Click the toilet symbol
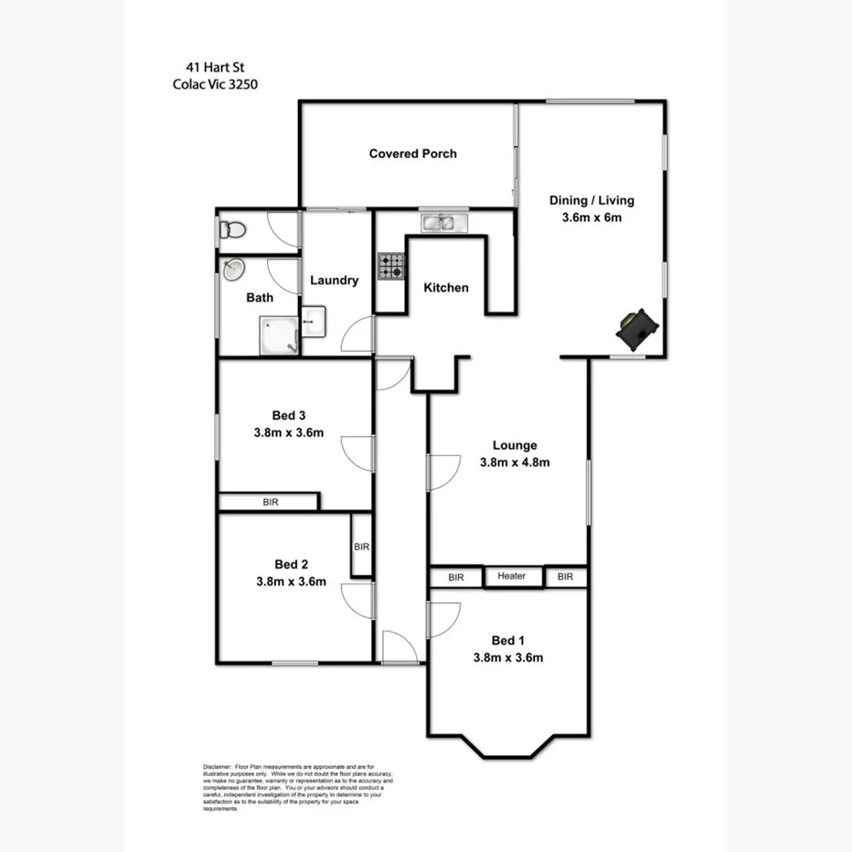[230, 231]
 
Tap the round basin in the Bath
[232, 270]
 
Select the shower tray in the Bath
[280, 335]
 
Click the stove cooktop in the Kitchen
[392, 265]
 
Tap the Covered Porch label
[412, 154]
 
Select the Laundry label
[334, 281]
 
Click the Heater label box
[511, 576]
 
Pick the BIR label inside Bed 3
[271, 502]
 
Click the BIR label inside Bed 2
[361, 547]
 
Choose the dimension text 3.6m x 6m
[591, 218]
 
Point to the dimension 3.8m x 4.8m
[515, 463]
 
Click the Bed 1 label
[508, 640]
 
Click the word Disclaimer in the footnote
[217, 767]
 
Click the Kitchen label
[445, 287]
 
